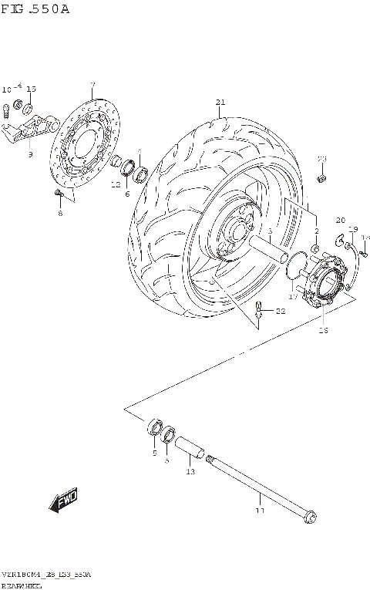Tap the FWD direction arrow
coord(64,502)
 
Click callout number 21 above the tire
coord(220,103)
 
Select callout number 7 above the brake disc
coord(92,84)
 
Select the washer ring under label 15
coord(28,106)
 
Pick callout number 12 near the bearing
coord(116,185)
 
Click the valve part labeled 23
coord(322,178)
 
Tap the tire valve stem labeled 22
coord(260,312)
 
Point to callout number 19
coord(354,229)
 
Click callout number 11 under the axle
coord(260,510)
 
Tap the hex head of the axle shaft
coord(310,516)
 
